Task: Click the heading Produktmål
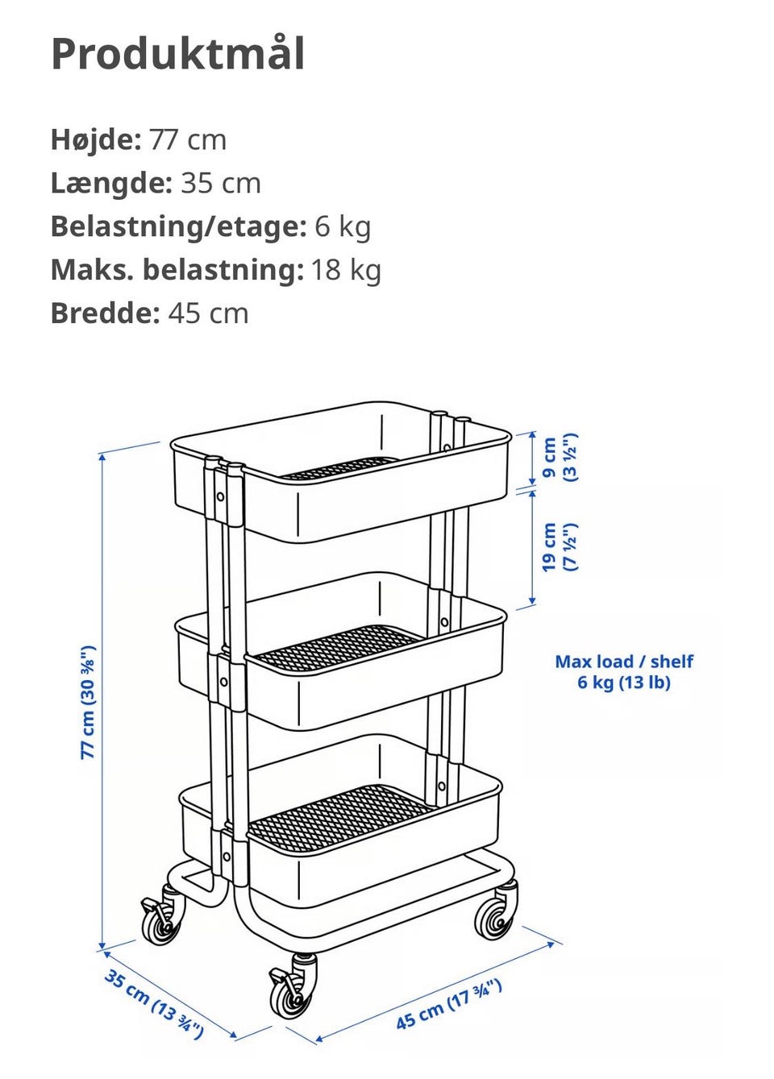pos(178,55)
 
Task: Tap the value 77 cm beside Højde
pos(188,140)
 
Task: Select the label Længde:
pos(111,183)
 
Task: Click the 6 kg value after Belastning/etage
pos(343,226)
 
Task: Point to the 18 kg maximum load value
pos(346,270)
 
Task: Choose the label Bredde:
pos(105,313)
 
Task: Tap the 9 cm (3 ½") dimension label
pos(560,457)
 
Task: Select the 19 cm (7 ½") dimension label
pos(560,547)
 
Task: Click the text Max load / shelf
pos(624,662)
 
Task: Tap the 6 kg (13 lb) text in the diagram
pos(624,682)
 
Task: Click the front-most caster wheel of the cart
pos(292,990)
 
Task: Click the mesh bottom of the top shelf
pos(340,467)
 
